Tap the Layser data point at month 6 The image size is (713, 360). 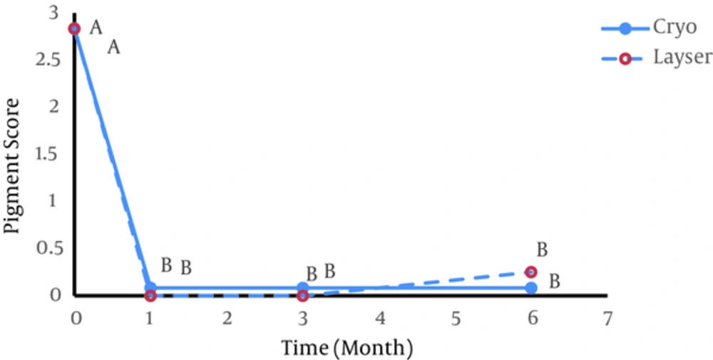tap(530, 272)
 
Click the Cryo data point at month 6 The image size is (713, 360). tap(531, 287)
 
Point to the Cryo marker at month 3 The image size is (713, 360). tap(302, 287)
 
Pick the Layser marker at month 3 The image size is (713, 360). tap(302, 295)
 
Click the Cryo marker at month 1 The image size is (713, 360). tap(150, 287)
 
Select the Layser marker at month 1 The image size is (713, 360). tap(150, 295)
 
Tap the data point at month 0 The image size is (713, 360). tap(74, 29)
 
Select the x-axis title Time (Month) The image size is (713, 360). tap(347, 348)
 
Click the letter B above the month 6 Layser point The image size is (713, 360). tap(542, 250)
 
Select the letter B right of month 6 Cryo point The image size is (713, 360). tap(554, 281)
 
